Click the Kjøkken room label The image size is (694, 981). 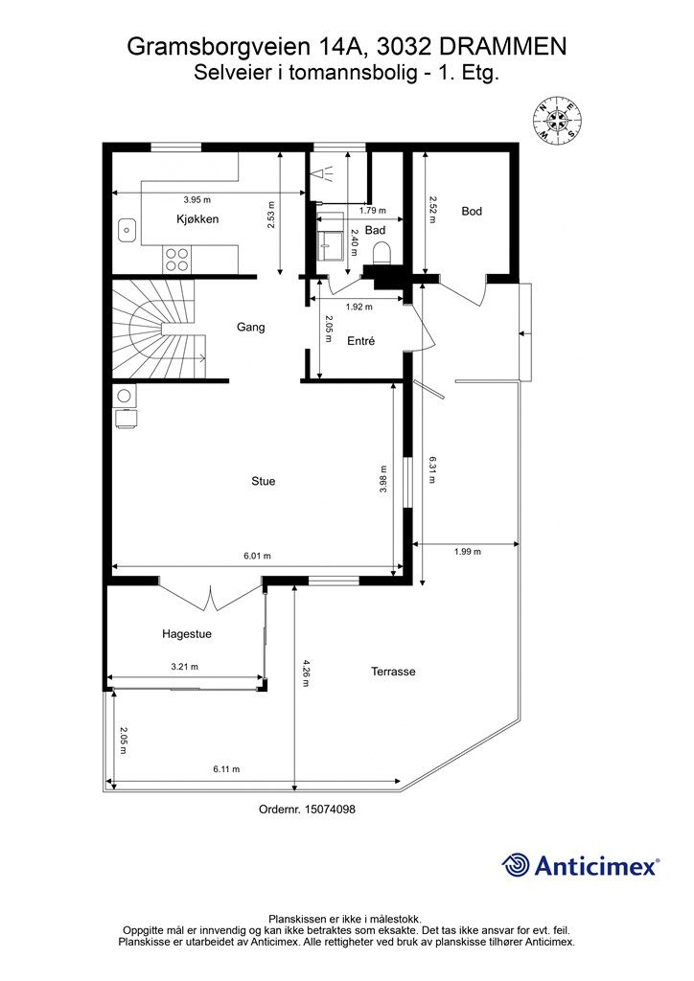(197, 219)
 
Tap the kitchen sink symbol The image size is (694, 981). (128, 230)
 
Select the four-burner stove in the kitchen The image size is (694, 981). (177, 260)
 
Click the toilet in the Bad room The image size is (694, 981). (382, 253)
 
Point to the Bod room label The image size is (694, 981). (472, 211)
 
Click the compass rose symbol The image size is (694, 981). (558, 120)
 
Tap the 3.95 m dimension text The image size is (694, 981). (197, 199)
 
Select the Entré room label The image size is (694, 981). (361, 341)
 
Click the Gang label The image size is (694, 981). (250, 328)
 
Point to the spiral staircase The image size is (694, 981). (159, 330)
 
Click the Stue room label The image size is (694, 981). (264, 481)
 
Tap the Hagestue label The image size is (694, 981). (187, 634)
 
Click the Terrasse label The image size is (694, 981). (393, 672)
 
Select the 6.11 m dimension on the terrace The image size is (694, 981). (226, 769)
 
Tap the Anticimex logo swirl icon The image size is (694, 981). (516, 865)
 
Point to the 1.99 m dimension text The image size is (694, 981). (468, 551)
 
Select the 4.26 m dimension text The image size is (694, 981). (306, 673)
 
